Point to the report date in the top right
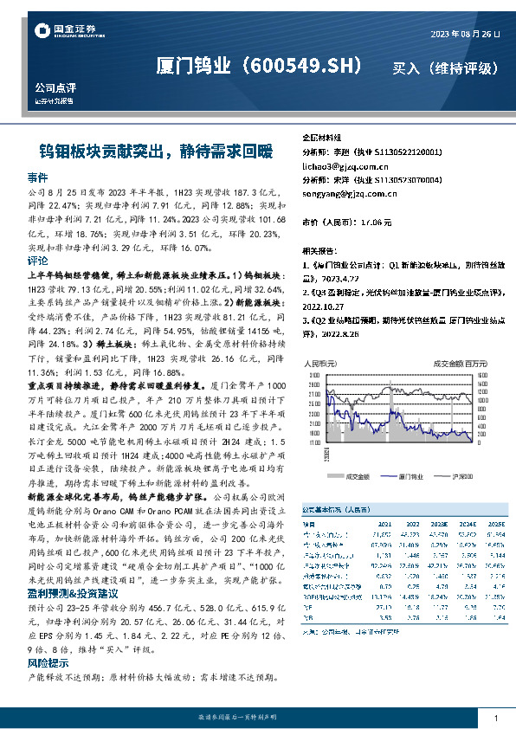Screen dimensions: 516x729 tap(467, 34)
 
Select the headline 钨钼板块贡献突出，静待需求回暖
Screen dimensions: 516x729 tap(150, 152)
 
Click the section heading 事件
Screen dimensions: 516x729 tap(37, 176)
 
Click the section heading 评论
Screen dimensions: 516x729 tap(37, 260)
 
